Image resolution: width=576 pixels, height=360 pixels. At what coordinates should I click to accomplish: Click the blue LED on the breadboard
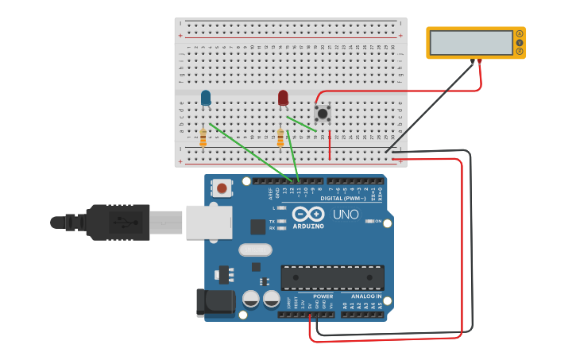pos(206,98)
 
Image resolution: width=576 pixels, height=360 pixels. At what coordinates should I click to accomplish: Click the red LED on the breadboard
pos(283,98)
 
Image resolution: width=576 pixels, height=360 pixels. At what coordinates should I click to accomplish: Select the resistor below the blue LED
pos(203,138)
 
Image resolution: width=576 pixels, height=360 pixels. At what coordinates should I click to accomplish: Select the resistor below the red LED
pos(280,138)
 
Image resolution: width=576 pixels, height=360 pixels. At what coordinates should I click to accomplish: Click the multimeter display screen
pos(471,43)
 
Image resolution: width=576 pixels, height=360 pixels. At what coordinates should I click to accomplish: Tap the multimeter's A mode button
pos(520,33)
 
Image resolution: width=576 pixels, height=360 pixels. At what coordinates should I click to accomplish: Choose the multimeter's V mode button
pos(520,43)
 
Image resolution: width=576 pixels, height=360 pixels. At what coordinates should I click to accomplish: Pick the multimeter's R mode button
pos(520,52)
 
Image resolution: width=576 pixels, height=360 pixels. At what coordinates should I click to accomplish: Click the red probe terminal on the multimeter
pos(479,60)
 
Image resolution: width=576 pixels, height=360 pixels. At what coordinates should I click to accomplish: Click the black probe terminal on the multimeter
pos(472,60)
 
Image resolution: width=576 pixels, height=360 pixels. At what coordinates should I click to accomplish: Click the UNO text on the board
pos(346,215)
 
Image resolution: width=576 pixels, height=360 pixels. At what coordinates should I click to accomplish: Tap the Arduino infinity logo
pos(307,214)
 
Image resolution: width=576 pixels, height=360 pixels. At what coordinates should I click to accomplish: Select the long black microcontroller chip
pos(332,277)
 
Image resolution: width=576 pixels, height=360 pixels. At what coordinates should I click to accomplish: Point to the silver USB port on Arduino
pos(209,223)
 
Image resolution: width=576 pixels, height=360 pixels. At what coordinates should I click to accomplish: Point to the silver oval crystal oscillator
pos(255,250)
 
